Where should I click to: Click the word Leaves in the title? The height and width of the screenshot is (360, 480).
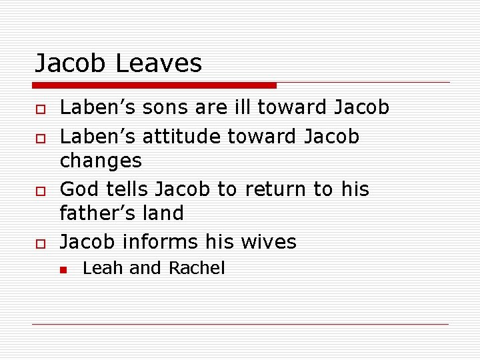coord(159,63)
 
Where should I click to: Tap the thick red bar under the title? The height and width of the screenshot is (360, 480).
coord(155,85)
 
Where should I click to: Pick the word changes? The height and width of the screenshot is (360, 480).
coord(101,161)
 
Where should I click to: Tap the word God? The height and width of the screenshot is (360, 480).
coord(80,189)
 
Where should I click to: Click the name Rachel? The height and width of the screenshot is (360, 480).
coord(197,268)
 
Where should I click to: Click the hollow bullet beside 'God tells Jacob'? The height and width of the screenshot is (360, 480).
coord(39,191)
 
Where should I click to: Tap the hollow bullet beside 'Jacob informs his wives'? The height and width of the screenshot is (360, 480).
coord(39,243)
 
